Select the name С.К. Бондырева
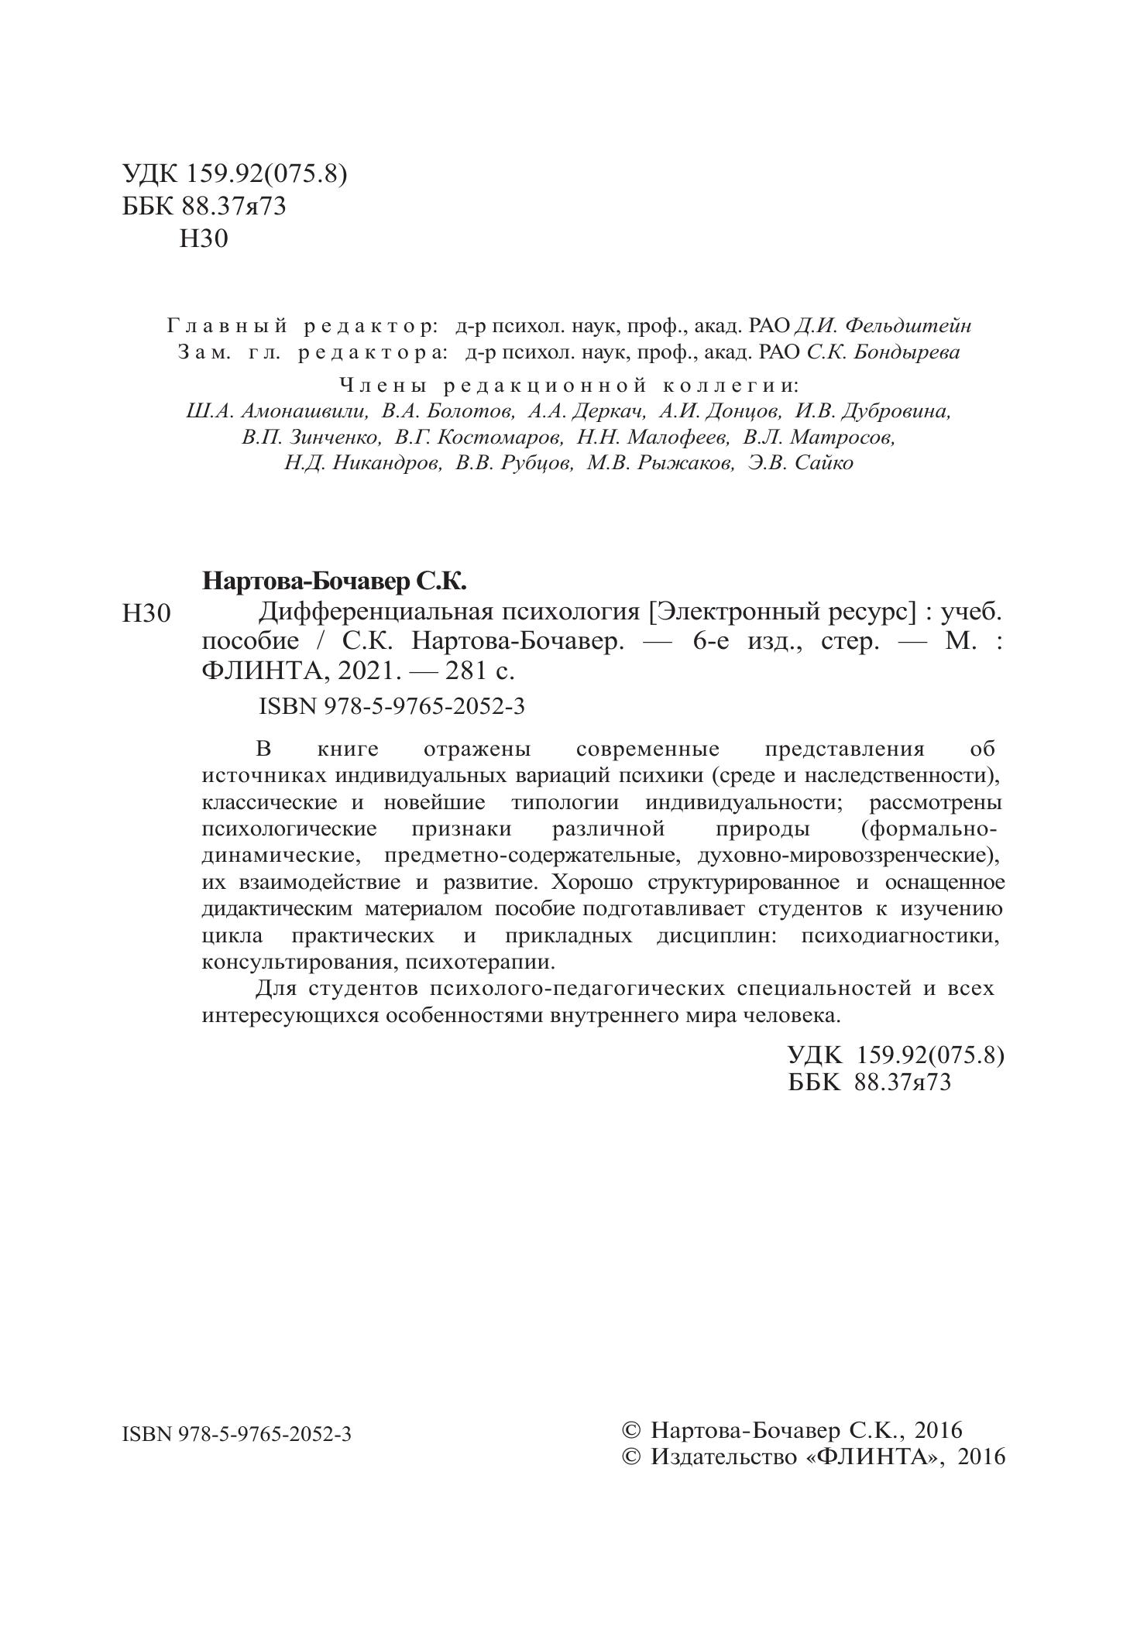pos(883,352)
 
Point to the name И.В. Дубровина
pos(873,411)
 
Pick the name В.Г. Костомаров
pos(479,437)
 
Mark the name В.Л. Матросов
pos(819,437)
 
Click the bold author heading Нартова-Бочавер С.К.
pos(335,580)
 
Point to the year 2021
pos(364,671)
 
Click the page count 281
pos(462,671)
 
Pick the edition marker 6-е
pos(710,642)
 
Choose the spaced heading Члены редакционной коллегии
pos(569,385)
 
